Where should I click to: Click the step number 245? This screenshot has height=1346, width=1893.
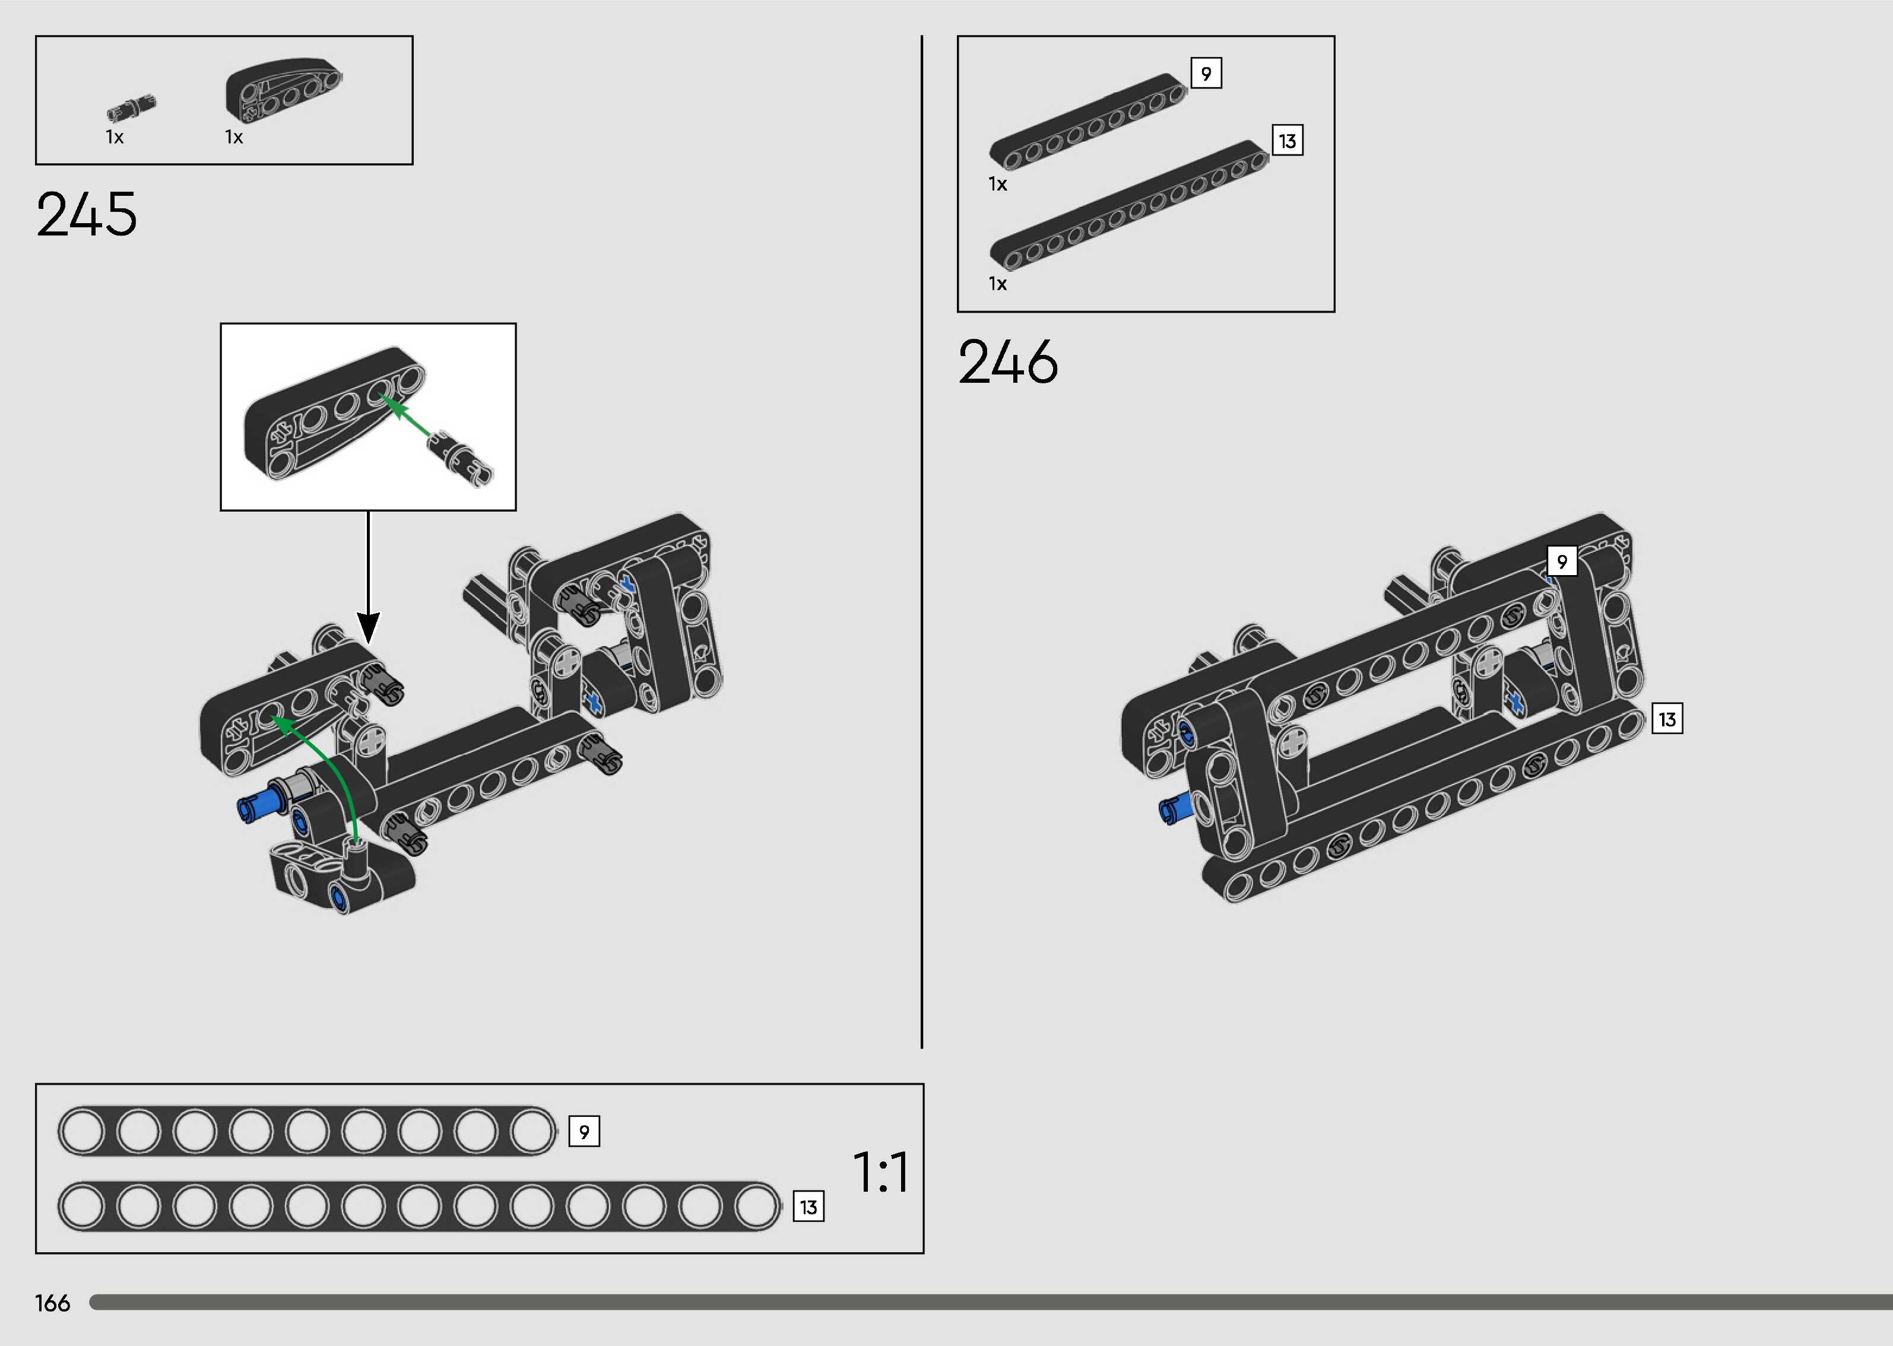tap(86, 215)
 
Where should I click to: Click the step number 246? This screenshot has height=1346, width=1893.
tap(1008, 362)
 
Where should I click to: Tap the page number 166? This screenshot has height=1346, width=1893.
tap(52, 1303)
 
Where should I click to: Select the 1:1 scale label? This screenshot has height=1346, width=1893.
tap(880, 1172)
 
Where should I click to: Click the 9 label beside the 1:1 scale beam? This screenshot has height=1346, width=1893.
tap(584, 1131)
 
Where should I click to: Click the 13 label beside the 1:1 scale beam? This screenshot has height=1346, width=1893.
tap(808, 1207)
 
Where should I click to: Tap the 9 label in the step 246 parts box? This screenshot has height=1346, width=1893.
tap(1206, 73)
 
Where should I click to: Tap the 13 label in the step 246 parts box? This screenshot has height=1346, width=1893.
tap(1287, 141)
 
